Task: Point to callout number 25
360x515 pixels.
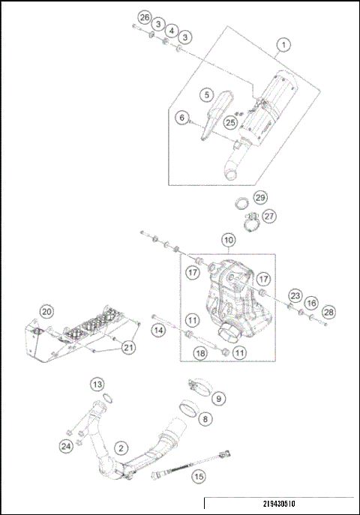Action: point(231,121)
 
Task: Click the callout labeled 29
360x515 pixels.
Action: point(259,198)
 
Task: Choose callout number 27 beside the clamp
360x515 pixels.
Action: point(268,216)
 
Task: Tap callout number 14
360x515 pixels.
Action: point(158,330)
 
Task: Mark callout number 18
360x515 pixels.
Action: point(200,352)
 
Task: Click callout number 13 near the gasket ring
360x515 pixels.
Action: point(97,385)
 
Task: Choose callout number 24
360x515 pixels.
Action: point(64,447)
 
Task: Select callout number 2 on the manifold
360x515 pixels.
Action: point(119,448)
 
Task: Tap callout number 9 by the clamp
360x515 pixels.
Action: point(219,397)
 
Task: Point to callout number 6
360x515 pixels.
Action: point(181,118)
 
